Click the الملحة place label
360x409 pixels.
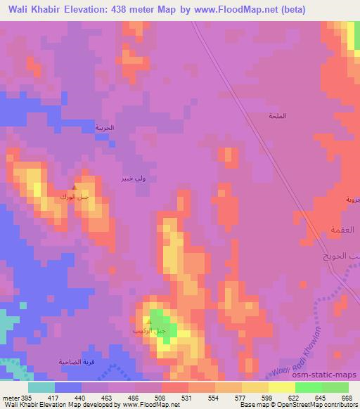(x=278, y=116)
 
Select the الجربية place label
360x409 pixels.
(x=105, y=128)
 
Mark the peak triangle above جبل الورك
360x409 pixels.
(x=75, y=188)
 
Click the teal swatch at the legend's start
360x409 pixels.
(x=41, y=387)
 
